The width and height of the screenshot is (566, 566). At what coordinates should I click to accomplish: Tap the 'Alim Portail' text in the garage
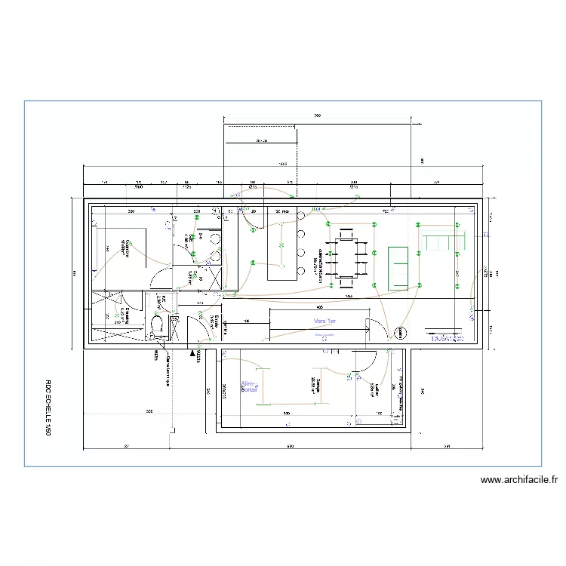[x=249, y=387]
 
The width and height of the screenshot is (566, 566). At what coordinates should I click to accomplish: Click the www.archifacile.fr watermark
[x=518, y=479]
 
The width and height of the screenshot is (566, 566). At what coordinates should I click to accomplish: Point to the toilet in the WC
[x=159, y=325]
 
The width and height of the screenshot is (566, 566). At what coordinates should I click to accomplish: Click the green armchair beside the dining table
[x=398, y=266]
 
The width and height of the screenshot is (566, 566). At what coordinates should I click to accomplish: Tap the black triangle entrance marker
[x=192, y=352]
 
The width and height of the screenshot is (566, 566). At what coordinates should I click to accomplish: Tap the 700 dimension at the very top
[x=318, y=115]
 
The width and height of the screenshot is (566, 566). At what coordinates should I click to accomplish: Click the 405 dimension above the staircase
[x=320, y=307]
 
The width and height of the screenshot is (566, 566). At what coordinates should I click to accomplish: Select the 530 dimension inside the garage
[x=287, y=414]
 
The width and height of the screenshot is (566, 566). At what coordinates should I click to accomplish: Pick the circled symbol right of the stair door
[x=398, y=331]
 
